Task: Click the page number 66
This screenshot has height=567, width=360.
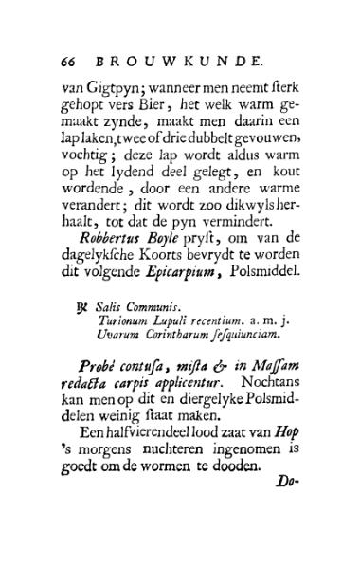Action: tap(67, 61)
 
